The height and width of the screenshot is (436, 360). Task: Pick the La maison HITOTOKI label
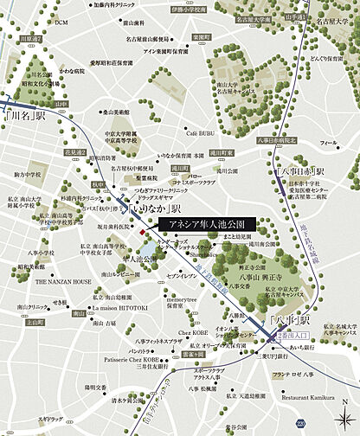tap(122, 309)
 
